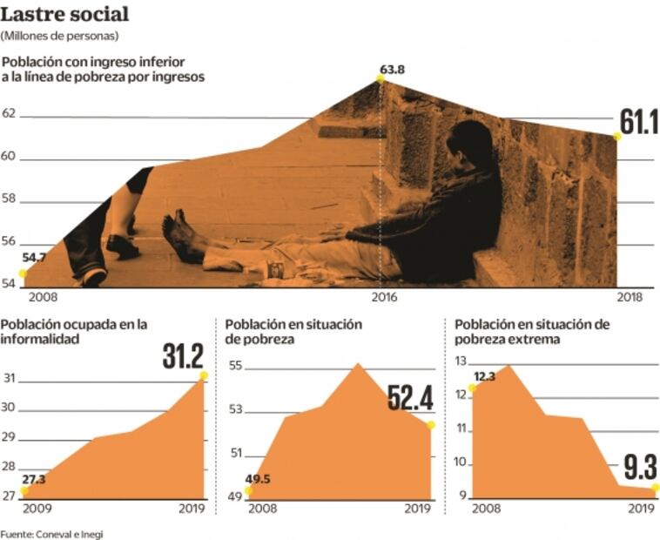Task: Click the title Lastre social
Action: tap(66, 14)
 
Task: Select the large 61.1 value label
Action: tap(638, 123)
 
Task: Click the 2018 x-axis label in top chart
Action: tap(628, 297)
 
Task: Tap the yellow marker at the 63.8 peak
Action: tap(381, 79)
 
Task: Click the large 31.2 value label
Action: tap(183, 356)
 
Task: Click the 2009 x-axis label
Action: tap(37, 510)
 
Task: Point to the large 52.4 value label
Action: tap(410, 398)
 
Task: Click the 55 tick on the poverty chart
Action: tap(235, 365)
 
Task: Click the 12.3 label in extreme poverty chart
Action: tap(485, 376)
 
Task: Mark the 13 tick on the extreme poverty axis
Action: tap(461, 361)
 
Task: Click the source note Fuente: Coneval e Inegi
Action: tap(52, 533)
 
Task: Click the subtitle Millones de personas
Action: tap(60, 36)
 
